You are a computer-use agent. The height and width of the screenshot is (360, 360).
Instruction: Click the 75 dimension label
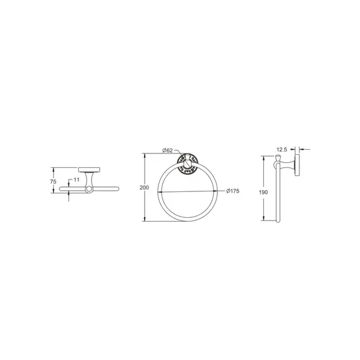pos(53,182)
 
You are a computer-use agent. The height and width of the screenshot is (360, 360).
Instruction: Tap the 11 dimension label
pos(76,180)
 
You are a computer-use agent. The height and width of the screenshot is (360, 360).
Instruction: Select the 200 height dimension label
pos(144,188)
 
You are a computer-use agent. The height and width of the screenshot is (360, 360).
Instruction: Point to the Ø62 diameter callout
pos(167,150)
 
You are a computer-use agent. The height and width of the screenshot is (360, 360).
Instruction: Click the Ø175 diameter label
pos(232,191)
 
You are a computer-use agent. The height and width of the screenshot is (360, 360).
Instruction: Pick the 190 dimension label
pos(263,192)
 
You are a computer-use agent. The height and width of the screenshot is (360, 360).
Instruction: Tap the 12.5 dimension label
pos(282,150)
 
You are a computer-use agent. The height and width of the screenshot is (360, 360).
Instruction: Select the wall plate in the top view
pos(89,170)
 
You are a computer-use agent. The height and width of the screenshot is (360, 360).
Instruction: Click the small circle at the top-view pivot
pos(89,189)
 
